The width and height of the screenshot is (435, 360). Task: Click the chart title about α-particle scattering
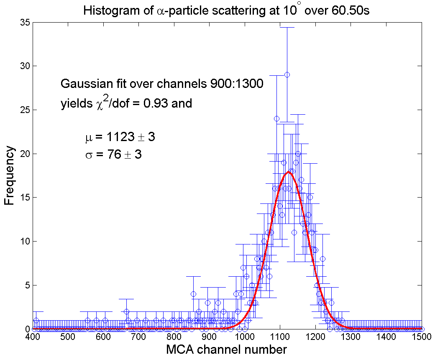tap(226, 10)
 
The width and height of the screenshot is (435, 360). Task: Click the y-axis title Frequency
tap(10, 176)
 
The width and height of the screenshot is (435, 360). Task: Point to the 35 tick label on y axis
tap(25, 23)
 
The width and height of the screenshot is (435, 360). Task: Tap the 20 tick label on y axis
tap(25, 154)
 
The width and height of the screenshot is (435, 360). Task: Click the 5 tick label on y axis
tap(27, 285)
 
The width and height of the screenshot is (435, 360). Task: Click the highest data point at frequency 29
tap(287, 75)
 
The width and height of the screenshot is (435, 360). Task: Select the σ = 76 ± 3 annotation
tap(113, 155)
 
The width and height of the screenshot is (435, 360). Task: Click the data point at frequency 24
tap(276, 118)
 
